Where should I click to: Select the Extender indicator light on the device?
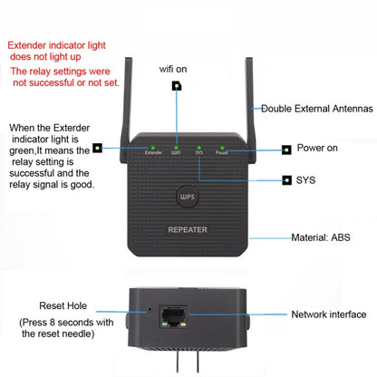pyautogui.click(x=154, y=147)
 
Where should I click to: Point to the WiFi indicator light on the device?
pyautogui.click(x=177, y=147)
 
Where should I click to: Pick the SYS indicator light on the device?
pyautogui.click(x=199, y=147)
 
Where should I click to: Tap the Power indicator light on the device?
pyautogui.click(x=222, y=147)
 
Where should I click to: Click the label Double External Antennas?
pyautogui.click(x=317, y=109)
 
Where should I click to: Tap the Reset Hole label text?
pyautogui.click(x=63, y=306)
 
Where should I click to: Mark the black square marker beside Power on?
pyautogui.click(x=286, y=148)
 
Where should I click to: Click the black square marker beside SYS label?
pyautogui.click(x=286, y=180)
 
